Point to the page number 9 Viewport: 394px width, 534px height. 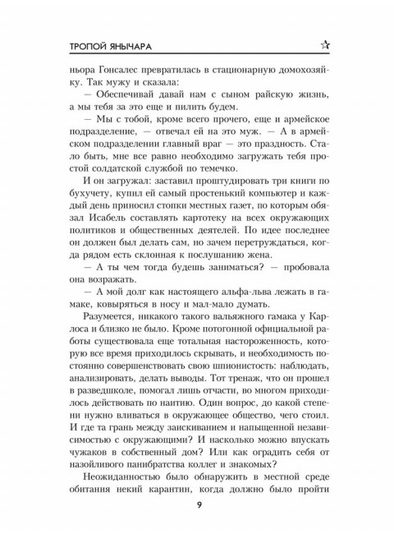click(x=197, y=504)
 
